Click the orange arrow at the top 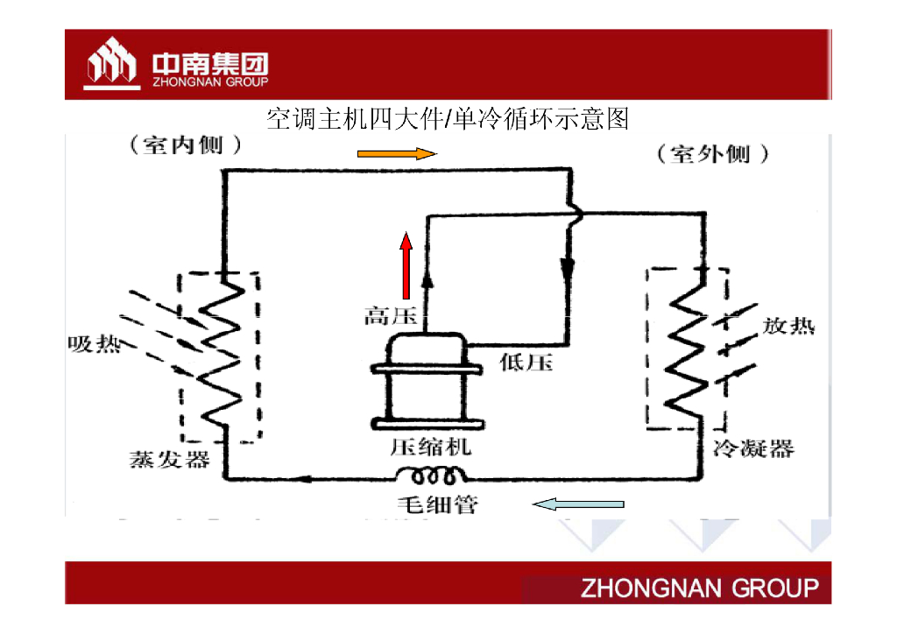click(396, 154)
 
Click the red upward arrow click(406, 264)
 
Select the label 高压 click(391, 316)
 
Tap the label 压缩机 click(430, 446)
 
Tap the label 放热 click(788, 326)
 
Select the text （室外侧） click(714, 155)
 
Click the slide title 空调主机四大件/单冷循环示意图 click(448, 118)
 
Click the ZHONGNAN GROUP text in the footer click(700, 588)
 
